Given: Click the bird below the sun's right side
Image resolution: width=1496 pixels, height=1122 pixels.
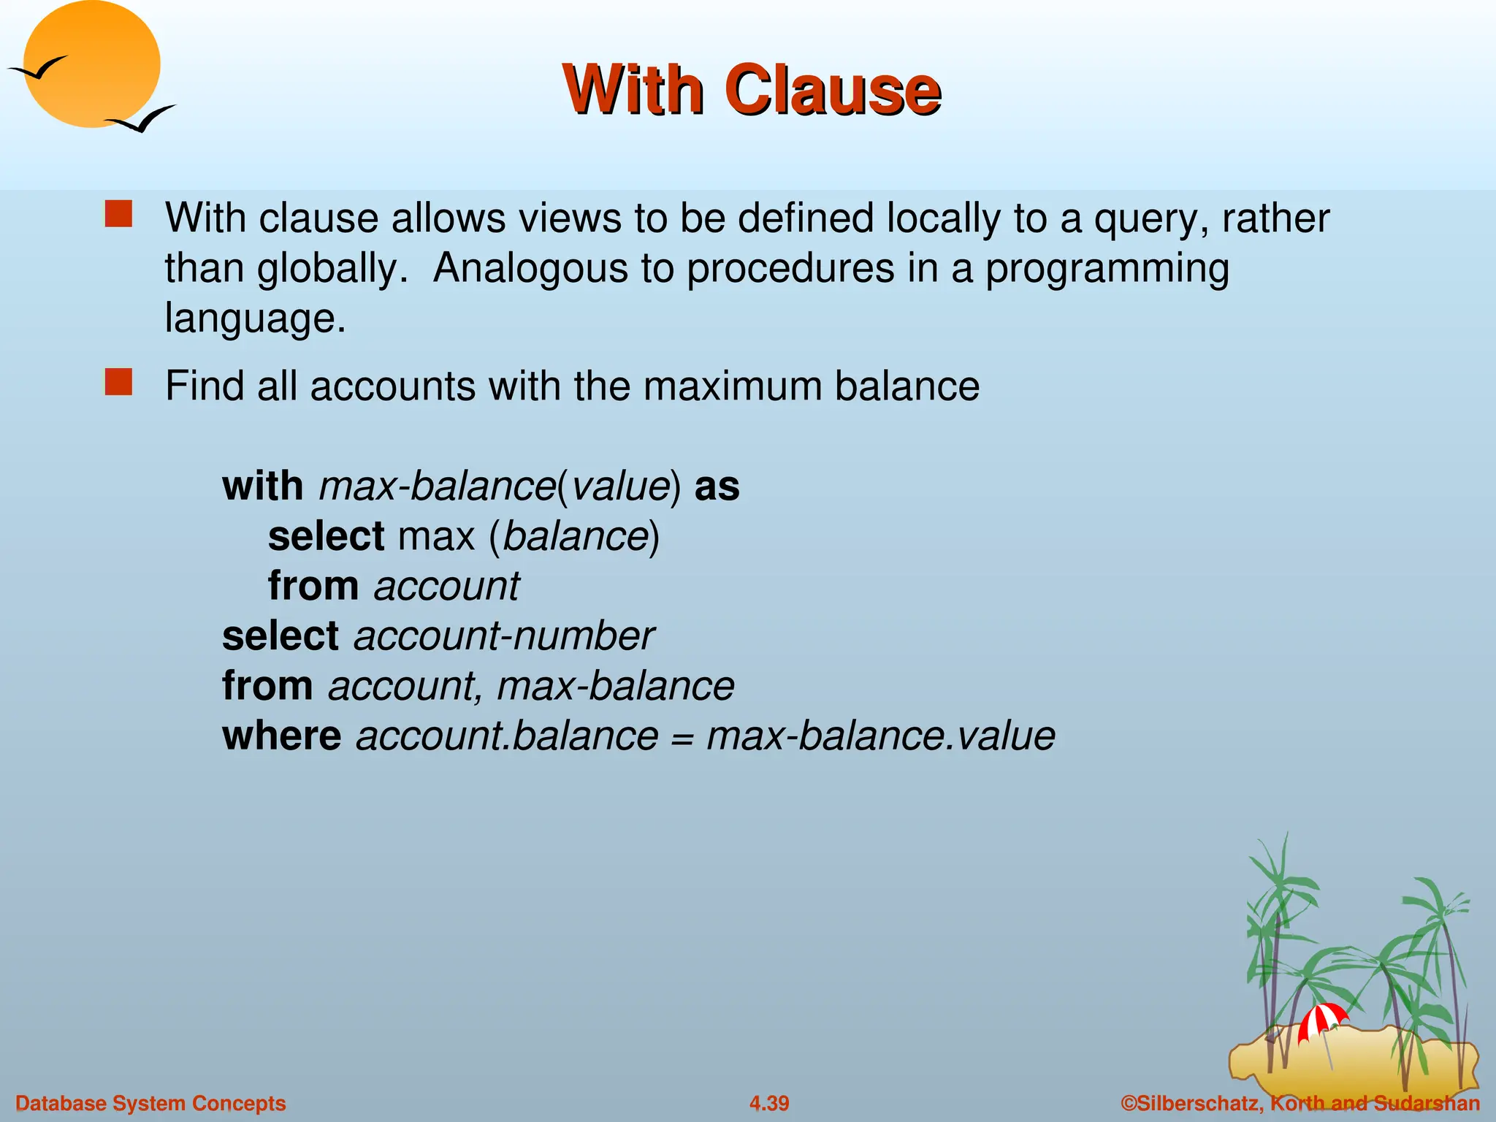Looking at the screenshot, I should click(142, 118).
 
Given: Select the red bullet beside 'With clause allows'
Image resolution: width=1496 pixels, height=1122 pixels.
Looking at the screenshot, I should click(118, 215).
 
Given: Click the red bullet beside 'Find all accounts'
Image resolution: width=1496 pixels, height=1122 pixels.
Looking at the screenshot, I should click(118, 382).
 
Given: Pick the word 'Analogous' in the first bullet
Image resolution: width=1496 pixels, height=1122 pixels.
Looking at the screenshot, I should click(530, 268).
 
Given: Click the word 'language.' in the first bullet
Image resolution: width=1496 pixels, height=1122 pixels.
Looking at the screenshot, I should click(255, 318).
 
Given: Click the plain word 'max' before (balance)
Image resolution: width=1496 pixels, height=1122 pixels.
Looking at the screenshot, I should click(436, 536).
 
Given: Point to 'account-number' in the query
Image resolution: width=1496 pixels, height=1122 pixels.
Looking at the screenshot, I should click(504, 636).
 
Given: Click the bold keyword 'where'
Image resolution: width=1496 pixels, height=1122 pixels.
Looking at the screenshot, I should click(281, 736).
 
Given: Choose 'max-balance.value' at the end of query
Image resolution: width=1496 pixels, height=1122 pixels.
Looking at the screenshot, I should click(881, 736).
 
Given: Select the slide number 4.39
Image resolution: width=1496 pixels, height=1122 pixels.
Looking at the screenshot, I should click(768, 1103).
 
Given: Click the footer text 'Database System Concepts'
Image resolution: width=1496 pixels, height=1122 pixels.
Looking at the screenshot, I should click(150, 1103).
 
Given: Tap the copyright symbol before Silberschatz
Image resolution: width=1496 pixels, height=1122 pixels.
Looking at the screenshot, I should click(1129, 1103).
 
